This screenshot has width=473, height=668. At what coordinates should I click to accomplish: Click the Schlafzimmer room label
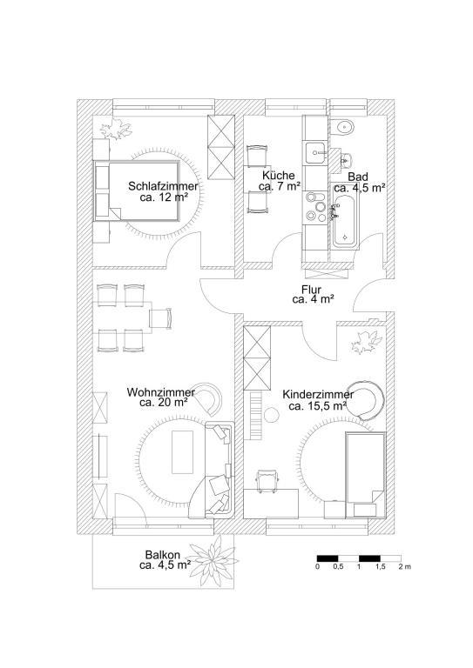point(164,187)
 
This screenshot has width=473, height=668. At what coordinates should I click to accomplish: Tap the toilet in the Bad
point(342,126)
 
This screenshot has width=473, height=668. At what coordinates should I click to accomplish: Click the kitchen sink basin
point(316,153)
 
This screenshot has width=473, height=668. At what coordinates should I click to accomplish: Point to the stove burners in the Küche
point(316,207)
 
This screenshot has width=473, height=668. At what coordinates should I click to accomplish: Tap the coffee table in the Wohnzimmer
point(182,452)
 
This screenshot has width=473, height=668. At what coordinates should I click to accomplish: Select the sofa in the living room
point(220,470)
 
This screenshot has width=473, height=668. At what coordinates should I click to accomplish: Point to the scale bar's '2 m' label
point(405,566)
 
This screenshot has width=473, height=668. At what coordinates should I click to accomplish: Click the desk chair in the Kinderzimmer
point(267,481)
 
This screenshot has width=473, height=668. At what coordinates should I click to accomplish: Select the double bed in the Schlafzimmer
point(137,190)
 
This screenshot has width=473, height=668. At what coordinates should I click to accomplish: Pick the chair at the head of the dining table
point(161,318)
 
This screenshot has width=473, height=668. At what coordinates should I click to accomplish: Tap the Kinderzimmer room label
point(318,396)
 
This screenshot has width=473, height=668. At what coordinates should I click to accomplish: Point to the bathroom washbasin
point(347,160)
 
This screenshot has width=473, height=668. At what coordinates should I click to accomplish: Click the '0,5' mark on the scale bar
point(338,566)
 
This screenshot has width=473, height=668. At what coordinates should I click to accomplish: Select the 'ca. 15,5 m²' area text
point(317,406)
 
